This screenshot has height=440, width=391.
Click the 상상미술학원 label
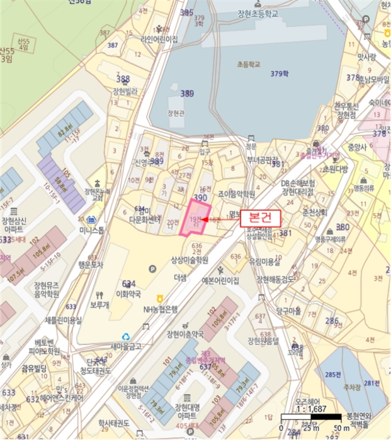190,259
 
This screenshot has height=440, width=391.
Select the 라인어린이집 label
161,39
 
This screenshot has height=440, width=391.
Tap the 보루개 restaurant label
99,305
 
